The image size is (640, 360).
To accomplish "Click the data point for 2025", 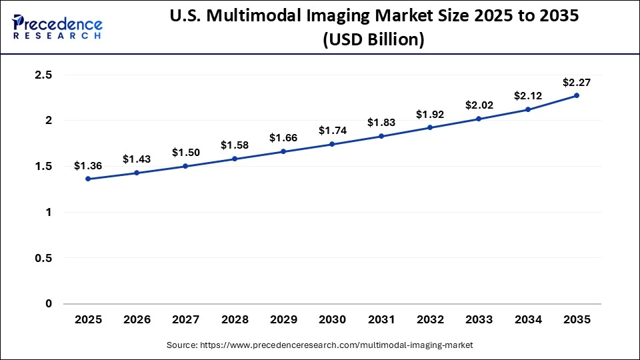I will [88, 179].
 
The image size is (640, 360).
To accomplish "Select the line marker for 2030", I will [332, 144].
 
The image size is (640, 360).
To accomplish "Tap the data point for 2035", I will [577, 95].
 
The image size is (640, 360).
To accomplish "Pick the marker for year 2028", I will [235, 159].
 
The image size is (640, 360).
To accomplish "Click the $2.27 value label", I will [576, 82].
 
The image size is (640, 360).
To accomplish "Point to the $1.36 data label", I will [88, 165].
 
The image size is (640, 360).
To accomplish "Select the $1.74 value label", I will [332, 131].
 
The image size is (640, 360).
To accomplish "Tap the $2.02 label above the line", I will [479, 105].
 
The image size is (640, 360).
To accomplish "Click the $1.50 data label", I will [185, 153].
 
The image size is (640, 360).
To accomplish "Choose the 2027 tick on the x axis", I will [185, 320].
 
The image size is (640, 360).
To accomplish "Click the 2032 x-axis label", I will [430, 320].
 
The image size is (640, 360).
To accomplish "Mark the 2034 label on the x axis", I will [527, 320].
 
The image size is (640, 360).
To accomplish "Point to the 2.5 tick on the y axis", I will [43, 75].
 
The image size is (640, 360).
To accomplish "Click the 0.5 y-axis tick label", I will [43, 258].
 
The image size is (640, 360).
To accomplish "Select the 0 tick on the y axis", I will [49, 304].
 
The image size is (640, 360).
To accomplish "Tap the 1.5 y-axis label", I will [43, 167].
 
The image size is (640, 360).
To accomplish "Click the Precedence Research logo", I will [57, 27].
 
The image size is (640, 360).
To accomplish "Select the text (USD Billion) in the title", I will [373, 40].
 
